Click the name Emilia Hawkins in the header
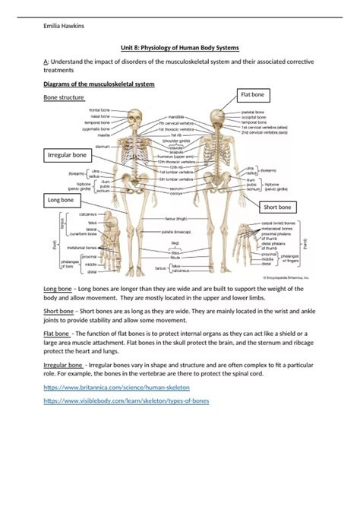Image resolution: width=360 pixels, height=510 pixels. coord(64,27)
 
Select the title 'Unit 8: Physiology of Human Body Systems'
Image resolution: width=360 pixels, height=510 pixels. coord(179,46)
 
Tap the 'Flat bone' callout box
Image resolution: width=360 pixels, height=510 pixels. coord(253,94)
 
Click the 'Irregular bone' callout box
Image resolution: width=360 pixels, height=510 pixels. coord(67,155)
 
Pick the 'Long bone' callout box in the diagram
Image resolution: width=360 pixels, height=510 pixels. coord(62,199)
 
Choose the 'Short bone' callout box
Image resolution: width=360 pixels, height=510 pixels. coord(277,206)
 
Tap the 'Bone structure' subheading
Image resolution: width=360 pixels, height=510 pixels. coord(64,97)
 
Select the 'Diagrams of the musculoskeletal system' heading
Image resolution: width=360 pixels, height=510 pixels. coord(99,84)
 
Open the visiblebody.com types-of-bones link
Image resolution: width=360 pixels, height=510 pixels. coord(127,400)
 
